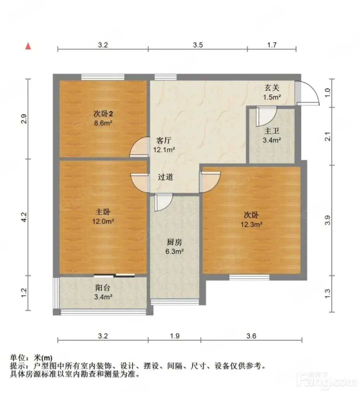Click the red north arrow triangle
pos(28,46)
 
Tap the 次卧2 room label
pos(103,114)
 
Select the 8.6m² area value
pos(103,123)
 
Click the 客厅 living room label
pos(164,140)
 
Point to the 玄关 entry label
pos(272,88)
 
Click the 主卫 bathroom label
pos(272,131)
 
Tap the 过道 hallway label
pos(166,177)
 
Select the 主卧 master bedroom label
pos(103,212)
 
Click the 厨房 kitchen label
pos(174,242)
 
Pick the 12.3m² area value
pos(251,224)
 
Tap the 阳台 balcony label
pos(103,288)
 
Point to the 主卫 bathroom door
pos(266,116)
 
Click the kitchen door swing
pos(164,202)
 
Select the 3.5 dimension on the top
pos(198,45)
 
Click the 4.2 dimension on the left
pos(24,217)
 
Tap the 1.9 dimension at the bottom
pos(175,336)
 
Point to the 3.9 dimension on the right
pos(328,220)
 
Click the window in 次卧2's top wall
pos(103,77)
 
